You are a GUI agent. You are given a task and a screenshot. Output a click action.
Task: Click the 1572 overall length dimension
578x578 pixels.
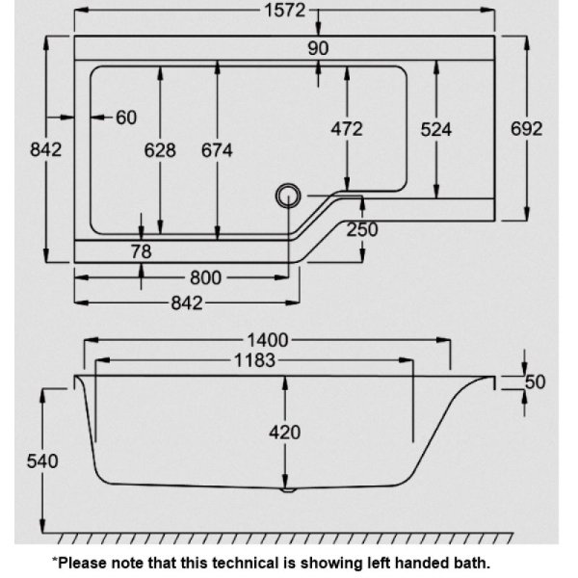(285, 10)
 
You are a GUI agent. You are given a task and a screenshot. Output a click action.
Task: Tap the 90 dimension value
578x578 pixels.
(318, 48)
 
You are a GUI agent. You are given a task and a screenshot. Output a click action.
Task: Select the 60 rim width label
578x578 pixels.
(126, 118)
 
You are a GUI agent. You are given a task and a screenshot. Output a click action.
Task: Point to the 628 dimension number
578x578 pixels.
(160, 150)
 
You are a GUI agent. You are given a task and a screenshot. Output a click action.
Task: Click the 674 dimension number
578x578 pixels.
(217, 150)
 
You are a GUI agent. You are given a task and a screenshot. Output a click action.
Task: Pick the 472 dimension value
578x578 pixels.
(347, 129)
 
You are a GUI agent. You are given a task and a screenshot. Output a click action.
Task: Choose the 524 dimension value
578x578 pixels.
(436, 130)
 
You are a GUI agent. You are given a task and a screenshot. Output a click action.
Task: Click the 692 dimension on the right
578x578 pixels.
(526, 129)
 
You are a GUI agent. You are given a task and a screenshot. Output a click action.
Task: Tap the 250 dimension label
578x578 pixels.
(362, 229)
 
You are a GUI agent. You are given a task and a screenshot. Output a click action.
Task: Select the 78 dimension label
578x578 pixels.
(142, 251)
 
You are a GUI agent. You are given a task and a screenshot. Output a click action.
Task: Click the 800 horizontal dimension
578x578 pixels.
(205, 278)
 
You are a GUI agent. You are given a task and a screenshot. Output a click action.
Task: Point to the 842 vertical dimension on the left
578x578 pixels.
(45, 149)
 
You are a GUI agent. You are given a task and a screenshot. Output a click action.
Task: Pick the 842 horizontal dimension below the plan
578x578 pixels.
(187, 303)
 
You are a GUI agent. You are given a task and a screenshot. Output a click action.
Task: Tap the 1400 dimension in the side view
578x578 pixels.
(267, 340)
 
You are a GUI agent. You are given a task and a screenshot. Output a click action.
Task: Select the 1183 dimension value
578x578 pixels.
(254, 360)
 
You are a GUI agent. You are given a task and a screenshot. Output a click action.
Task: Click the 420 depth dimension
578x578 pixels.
(284, 433)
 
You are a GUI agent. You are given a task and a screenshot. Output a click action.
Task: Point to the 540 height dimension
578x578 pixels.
(42, 461)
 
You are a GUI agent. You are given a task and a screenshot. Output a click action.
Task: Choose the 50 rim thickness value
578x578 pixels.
(535, 382)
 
